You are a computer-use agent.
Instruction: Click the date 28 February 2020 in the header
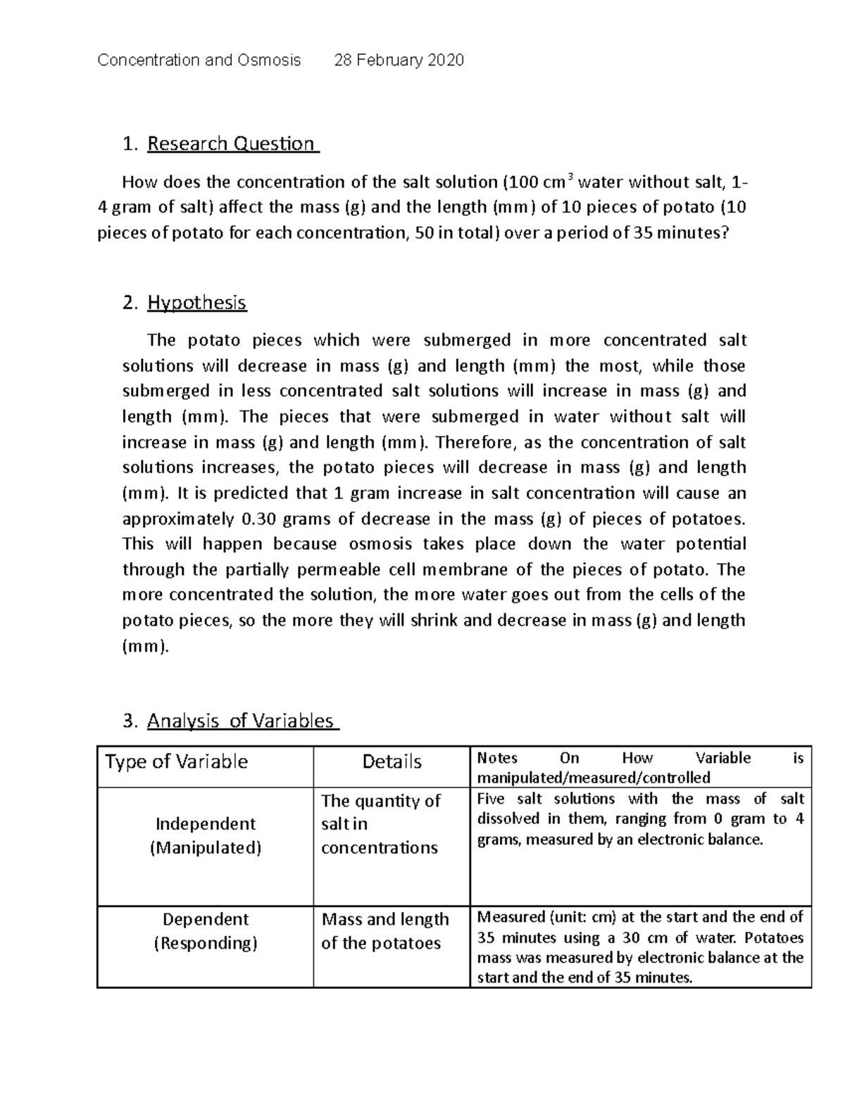[x=399, y=60]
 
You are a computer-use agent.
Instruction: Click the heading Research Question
[x=231, y=144]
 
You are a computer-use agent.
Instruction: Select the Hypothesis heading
[x=196, y=303]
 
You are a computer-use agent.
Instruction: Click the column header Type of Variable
[x=177, y=762]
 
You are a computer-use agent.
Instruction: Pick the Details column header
[x=392, y=762]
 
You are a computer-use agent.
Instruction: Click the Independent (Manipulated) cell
[x=205, y=835]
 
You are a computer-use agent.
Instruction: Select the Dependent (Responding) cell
[x=205, y=931]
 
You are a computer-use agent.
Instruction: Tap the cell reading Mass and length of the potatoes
[x=385, y=931]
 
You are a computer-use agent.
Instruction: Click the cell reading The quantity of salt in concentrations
[x=381, y=824]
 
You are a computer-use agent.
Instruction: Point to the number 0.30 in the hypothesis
[x=258, y=519]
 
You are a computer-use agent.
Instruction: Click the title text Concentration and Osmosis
[x=199, y=60]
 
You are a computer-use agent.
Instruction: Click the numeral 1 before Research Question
[x=127, y=144]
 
